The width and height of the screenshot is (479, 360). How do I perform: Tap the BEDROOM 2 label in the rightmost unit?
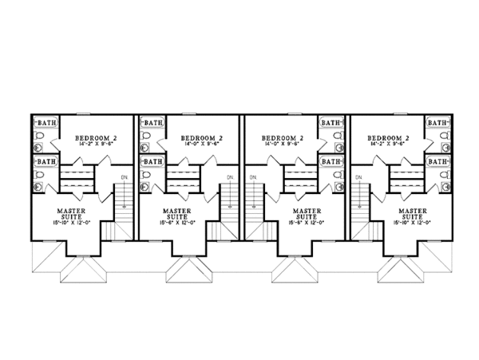(x=389, y=137)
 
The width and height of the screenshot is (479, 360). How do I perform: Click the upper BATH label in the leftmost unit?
(x=46, y=123)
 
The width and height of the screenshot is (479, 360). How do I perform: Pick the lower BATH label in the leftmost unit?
(x=46, y=161)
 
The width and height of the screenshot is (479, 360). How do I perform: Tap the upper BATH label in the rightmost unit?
(x=436, y=123)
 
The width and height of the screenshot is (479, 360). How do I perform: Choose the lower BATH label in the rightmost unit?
(x=436, y=161)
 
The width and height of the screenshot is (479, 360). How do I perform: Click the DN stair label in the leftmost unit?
(x=125, y=176)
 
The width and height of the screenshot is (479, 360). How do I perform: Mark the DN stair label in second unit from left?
(x=230, y=176)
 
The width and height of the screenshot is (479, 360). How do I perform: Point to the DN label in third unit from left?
(x=254, y=176)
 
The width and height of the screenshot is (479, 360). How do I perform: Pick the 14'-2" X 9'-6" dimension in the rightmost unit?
(x=389, y=144)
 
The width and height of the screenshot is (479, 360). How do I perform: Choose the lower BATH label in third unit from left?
(x=330, y=161)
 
